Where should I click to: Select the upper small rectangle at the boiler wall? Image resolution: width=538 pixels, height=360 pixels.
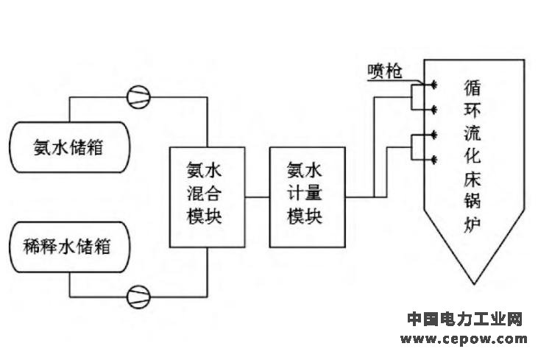[417, 96]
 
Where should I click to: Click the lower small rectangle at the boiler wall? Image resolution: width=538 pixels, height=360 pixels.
[417, 146]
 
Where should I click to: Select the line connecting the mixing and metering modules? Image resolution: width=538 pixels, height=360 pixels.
[256, 197]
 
